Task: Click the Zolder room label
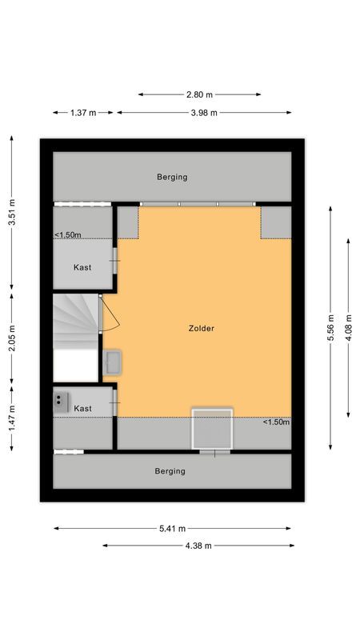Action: pos(202,328)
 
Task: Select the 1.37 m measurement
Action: pos(83,113)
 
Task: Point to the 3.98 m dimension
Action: pos(204,113)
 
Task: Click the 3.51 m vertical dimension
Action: pos(12,213)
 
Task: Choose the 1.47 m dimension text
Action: pos(12,418)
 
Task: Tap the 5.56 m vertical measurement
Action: pos(330,327)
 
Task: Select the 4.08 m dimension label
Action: pos(348,327)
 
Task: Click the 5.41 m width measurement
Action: pos(172,528)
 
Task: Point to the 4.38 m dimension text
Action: pos(198,546)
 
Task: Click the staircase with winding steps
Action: pos(75,322)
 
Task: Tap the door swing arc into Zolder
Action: pos(112,314)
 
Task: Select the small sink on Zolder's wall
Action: pos(111,362)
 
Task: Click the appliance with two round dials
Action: pos(61,401)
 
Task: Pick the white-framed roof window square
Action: pos(212,430)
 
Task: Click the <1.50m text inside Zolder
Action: pos(276,422)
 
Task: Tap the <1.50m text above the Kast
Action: pos(67,234)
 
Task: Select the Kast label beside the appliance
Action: pos(82,409)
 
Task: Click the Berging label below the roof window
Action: pos(170,471)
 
